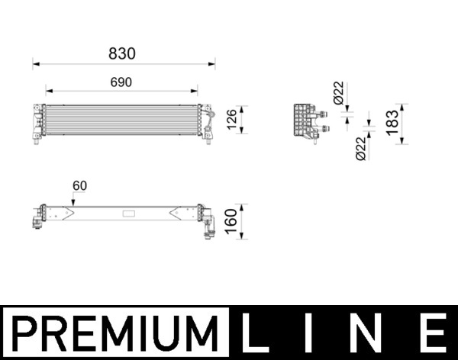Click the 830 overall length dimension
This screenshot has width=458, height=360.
121,54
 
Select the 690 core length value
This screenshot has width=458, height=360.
121,82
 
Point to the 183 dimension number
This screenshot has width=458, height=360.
392,123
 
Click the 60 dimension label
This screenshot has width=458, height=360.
80,185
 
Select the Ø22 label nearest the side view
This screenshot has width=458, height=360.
338,95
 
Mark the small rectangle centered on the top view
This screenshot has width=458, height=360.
127,212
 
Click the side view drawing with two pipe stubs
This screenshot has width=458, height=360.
305,121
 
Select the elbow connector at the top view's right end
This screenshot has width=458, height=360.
208,223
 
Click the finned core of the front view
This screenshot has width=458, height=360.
121,121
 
